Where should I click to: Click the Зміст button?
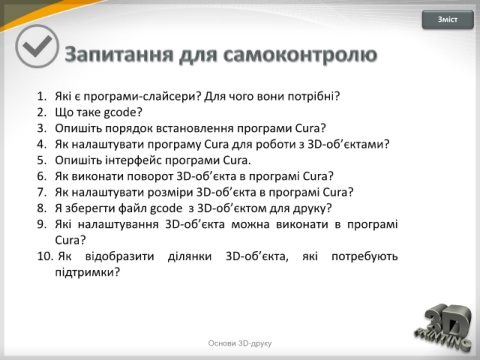point(448,20)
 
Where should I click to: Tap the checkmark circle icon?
point(37,46)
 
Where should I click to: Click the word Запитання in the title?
point(119,55)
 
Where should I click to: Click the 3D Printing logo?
point(444,327)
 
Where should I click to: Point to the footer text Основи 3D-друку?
point(240,343)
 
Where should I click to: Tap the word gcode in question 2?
point(120,113)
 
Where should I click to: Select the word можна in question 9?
point(250,224)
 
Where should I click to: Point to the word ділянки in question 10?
point(190,257)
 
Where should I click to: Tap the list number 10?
point(45,256)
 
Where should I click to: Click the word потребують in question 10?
point(365,257)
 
